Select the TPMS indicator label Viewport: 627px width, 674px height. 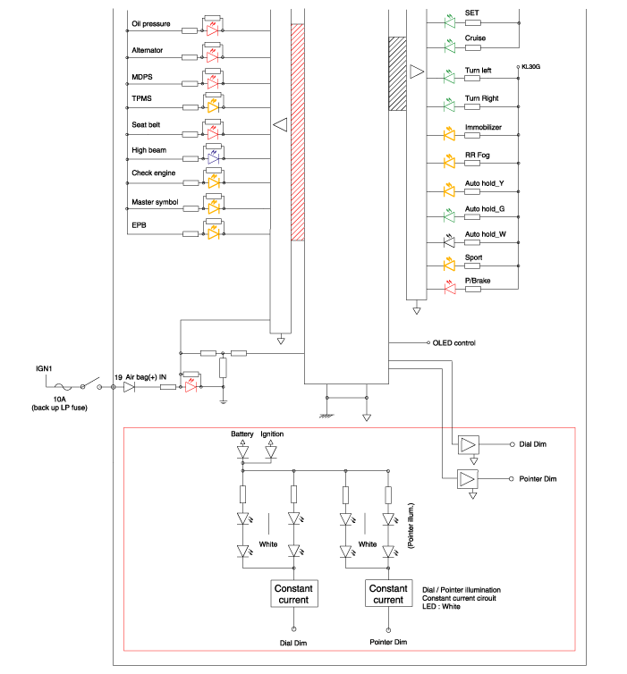click(143, 98)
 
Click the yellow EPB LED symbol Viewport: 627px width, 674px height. click(213, 234)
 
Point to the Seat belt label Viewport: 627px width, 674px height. click(146, 124)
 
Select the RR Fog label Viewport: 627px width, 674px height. click(476, 156)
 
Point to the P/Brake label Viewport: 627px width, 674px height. click(476, 281)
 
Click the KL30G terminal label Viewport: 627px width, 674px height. click(531, 67)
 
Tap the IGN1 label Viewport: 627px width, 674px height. click(47, 367)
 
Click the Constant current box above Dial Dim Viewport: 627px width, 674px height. click(292, 594)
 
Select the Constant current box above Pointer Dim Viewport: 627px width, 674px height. click(388, 594)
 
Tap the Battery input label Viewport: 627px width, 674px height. click(242, 434)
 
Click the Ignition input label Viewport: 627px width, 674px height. click(272, 434)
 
